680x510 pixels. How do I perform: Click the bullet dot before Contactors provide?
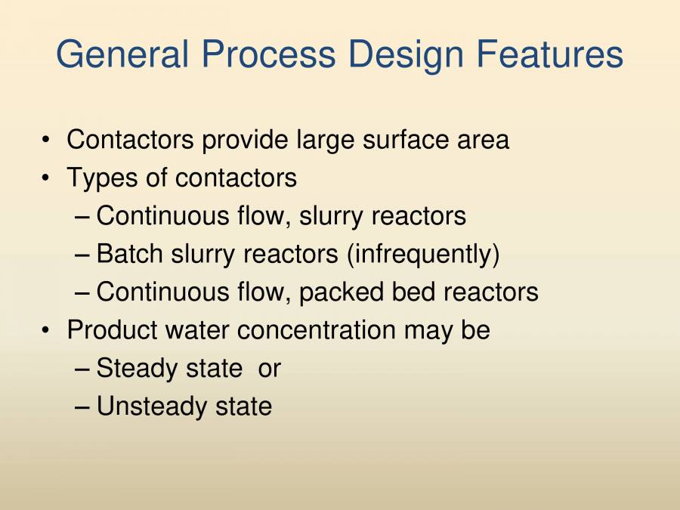click(x=47, y=141)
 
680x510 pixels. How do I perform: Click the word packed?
click(x=342, y=292)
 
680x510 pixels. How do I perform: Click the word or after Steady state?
click(x=269, y=369)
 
